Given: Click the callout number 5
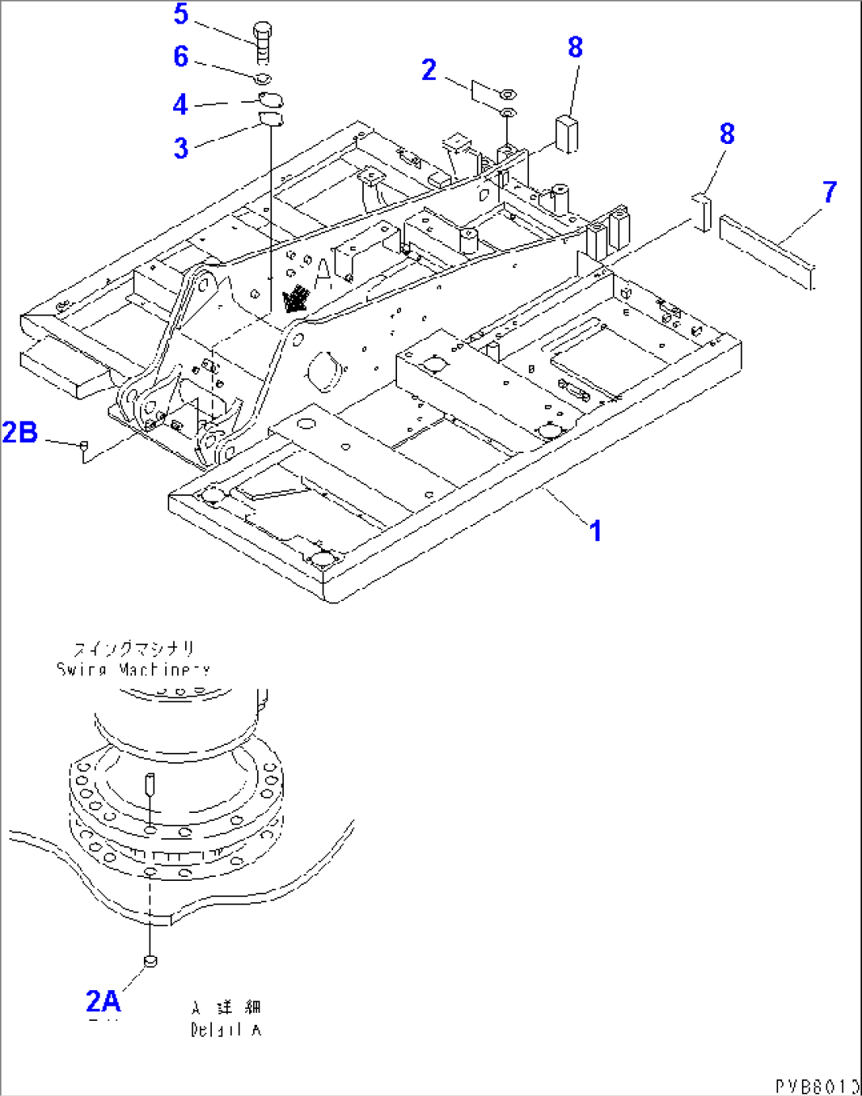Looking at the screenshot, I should point(181,14).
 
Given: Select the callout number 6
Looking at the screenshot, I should point(181,57).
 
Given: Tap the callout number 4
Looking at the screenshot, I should point(180,104).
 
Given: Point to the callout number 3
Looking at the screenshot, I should point(181,148).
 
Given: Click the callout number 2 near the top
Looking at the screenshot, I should point(429,70).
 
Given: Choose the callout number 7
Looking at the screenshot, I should point(829,192).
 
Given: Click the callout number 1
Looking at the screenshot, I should point(596,531).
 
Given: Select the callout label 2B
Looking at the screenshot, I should point(20,433).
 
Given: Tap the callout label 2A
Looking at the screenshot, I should point(103,1001).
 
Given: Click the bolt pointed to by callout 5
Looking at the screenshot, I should point(263,42).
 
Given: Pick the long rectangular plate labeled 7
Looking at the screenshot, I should point(766,249).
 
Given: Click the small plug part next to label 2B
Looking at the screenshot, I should point(82,447).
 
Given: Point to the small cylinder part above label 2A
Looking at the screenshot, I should point(149,961).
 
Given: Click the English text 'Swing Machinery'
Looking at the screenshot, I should point(133,670).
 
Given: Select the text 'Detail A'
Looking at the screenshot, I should point(225,1030).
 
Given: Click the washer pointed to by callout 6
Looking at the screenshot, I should point(263,78).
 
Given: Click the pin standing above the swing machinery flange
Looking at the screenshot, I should point(149,784).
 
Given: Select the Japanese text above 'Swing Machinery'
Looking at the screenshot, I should point(134,649).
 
